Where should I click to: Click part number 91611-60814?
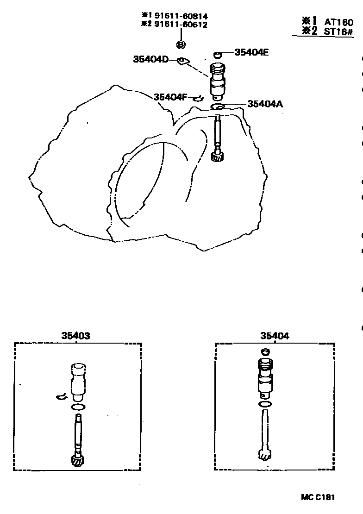click(184, 16)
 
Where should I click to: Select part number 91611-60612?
click(184, 24)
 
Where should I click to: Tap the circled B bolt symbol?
click(181, 44)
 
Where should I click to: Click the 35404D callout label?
click(150, 59)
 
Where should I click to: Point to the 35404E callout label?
click(251, 52)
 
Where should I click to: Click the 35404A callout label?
click(265, 104)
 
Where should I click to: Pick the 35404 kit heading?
click(275, 336)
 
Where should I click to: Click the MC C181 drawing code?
click(318, 497)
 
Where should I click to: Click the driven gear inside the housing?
click(217, 157)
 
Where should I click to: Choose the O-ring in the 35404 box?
click(265, 405)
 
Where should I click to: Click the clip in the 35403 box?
click(61, 396)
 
